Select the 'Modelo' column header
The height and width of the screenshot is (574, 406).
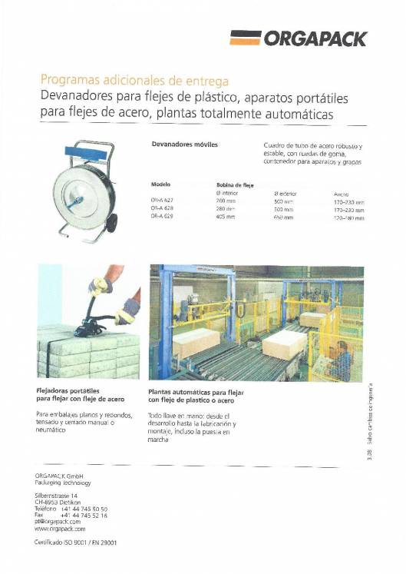(161, 185)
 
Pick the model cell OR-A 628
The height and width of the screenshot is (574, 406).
(163, 208)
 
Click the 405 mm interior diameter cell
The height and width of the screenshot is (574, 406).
(225, 217)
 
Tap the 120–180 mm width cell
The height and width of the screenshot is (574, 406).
(349, 217)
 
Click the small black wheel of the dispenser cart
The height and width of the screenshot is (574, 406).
(112, 224)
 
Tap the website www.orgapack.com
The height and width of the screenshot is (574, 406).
(60, 529)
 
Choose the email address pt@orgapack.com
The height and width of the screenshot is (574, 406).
(58, 522)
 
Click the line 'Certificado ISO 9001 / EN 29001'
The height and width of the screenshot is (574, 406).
(80, 542)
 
